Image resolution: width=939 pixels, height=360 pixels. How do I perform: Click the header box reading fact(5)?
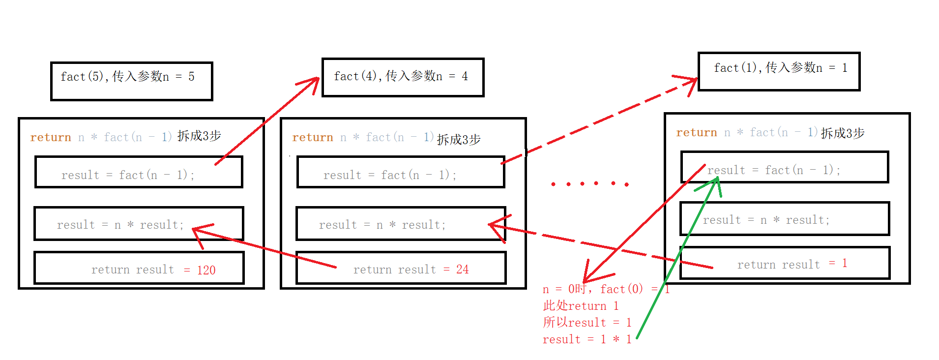(x=131, y=81)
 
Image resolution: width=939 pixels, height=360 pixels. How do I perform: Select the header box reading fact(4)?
(x=403, y=77)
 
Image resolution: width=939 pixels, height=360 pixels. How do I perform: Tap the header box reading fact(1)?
(x=779, y=71)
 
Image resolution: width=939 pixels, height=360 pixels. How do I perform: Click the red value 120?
(x=206, y=270)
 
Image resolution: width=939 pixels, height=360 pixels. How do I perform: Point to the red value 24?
(x=462, y=270)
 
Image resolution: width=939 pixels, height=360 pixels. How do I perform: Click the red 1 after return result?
(x=844, y=264)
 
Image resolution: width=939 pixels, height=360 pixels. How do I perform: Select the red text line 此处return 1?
(x=581, y=306)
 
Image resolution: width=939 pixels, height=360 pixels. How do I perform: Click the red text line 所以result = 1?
(x=587, y=323)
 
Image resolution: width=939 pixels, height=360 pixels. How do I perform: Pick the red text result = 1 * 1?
(x=587, y=339)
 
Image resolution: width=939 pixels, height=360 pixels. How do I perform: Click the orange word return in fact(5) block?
(x=51, y=138)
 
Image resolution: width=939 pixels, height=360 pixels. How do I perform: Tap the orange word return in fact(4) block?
(x=313, y=138)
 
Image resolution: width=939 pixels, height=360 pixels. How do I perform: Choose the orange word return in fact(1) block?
(x=697, y=133)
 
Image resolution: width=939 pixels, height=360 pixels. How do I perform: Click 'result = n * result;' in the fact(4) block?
(x=382, y=225)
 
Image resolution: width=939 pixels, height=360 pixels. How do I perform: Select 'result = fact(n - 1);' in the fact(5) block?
(x=128, y=175)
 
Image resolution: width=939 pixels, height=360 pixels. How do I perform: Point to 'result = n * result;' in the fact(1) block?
(x=766, y=220)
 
